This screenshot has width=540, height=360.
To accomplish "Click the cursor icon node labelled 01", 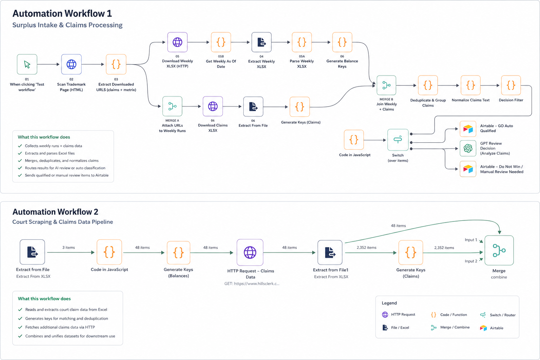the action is coord(27,64).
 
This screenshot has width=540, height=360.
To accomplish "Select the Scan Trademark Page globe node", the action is coord(71,64).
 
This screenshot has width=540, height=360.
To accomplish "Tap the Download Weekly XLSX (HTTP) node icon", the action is coord(178,42).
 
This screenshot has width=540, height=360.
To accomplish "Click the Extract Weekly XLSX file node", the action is coord(262,42).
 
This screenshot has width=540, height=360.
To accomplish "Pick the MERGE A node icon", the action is coord(172,106).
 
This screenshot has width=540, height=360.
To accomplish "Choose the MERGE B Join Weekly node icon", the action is coord(386,85).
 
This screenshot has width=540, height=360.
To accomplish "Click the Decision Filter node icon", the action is coord(511,85).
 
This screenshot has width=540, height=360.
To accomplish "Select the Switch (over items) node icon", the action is coord(398,140).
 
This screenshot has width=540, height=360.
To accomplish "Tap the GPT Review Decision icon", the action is coord(468,148).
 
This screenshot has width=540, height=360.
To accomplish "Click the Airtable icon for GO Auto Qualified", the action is coord(468,129).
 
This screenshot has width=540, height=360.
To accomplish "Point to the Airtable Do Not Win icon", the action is coord(468,169).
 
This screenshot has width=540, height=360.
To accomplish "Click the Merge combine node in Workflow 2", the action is coord(499,250).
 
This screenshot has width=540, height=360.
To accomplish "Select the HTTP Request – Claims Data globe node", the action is coord(250,252).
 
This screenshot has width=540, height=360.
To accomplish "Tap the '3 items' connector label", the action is coord(69,247).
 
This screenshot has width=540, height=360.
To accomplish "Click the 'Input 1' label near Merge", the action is coord(471,240).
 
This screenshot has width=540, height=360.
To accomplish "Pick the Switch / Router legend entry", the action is coord(498,315).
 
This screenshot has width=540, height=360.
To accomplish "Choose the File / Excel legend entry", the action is coord(396,328).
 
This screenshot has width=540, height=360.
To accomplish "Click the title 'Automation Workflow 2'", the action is coord(56,212).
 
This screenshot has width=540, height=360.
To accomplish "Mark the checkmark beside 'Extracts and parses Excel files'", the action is coord(20,153).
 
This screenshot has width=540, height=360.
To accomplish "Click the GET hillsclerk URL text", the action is coord(252,284).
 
